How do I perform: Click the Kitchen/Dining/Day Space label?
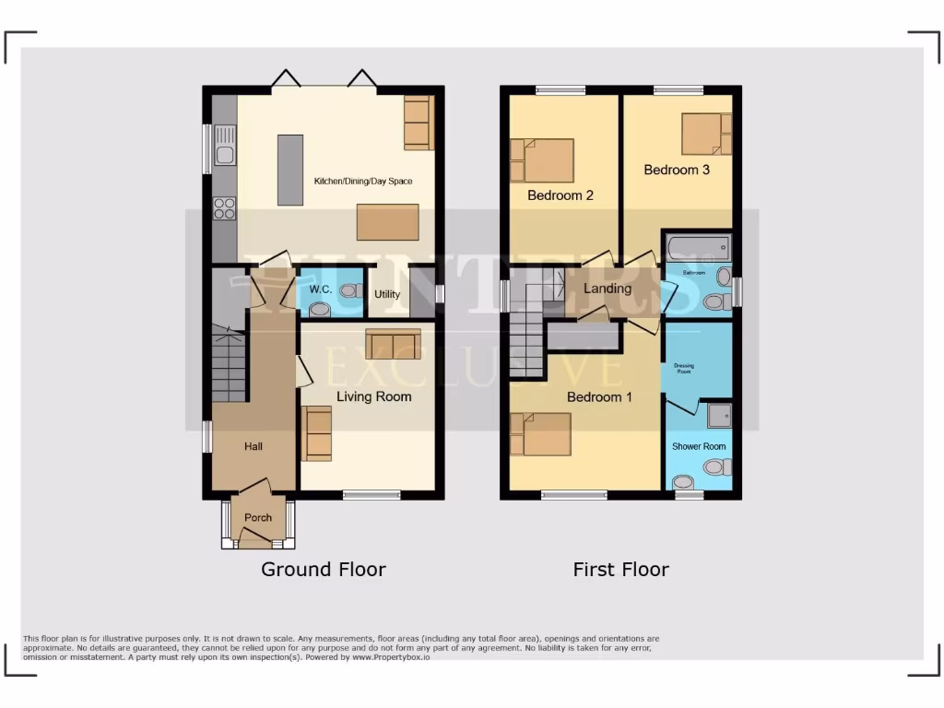point(363,182)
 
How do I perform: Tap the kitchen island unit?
point(289,170)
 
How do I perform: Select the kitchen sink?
point(225,146)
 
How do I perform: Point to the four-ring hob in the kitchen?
point(224,209)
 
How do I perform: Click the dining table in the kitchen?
point(381,222)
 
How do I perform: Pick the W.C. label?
point(320,289)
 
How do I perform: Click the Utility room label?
point(387,295)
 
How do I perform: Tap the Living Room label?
point(373,397)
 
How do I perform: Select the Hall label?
point(254,447)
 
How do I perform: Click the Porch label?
point(258,518)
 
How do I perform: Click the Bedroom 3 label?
point(677,170)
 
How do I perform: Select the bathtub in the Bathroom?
point(698,248)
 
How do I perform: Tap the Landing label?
point(608,289)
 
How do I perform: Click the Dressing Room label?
point(684,368)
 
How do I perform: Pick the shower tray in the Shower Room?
point(717,417)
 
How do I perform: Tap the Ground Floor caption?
point(323,570)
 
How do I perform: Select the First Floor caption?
point(620,570)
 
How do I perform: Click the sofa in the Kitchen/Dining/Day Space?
point(418,122)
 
